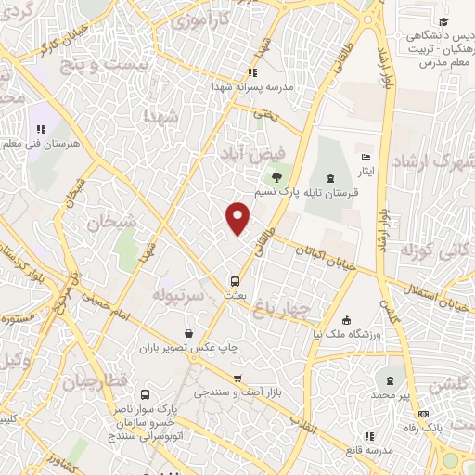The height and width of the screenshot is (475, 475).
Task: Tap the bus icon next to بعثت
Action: click(236, 279)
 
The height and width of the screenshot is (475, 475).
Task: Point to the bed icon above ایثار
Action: click(366, 157)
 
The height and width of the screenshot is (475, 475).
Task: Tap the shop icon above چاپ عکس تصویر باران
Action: click(189, 333)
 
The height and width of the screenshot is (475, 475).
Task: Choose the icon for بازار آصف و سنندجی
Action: click(238, 378)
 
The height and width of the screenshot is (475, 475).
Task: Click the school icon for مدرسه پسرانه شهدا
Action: click(250, 73)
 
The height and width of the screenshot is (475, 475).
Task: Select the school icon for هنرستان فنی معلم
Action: click(40, 130)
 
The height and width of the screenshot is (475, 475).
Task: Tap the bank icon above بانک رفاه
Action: click(424, 414)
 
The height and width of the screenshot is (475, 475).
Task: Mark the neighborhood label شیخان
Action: click(112, 223)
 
